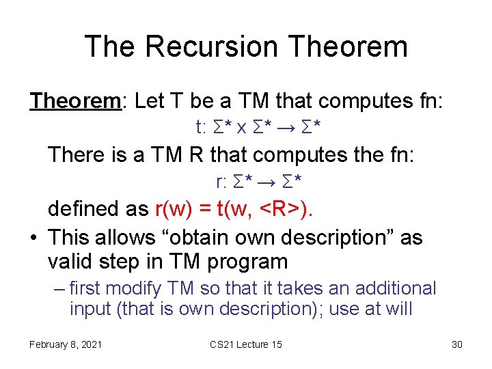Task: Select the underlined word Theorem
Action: point(74,101)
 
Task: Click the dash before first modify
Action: point(59,289)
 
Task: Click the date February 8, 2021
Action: point(66,344)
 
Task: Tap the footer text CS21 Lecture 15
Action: point(246,344)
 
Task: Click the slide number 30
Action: point(457,344)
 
